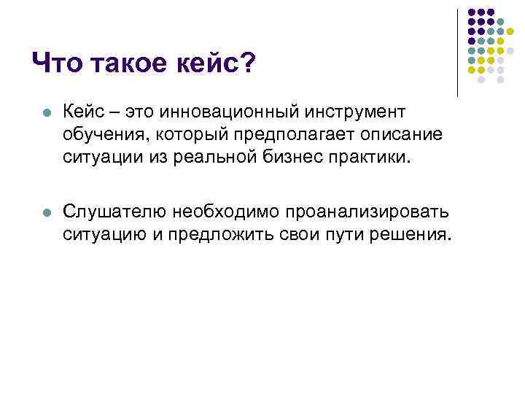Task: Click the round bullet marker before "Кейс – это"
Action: pyautogui.click(x=46, y=114)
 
